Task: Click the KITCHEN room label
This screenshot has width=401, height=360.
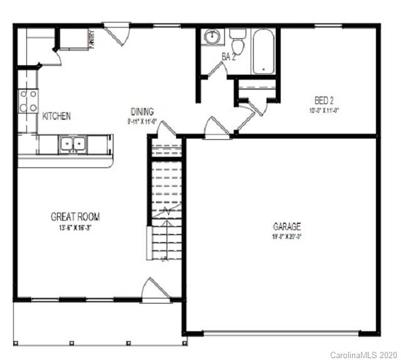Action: click(x=56, y=116)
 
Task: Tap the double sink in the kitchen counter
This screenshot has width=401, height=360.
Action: click(x=73, y=145)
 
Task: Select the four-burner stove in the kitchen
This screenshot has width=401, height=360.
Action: click(x=28, y=101)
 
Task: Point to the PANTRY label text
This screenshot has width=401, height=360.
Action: click(x=91, y=40)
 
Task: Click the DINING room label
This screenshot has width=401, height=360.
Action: click(x=142, y=112)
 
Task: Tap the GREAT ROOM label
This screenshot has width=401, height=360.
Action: click(x=75, y=217)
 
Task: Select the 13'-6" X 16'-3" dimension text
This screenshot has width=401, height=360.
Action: click(x=75, y=227)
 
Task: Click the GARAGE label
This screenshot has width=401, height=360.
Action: click(x=286, y=226)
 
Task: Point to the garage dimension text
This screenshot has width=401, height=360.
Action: click(x=286, y=236)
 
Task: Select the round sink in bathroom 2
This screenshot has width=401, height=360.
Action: click(x=213, y=36)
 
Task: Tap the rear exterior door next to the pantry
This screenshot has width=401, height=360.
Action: click(x=117, y=29)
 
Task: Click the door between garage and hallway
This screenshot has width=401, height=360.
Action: click(x=215, y=131)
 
